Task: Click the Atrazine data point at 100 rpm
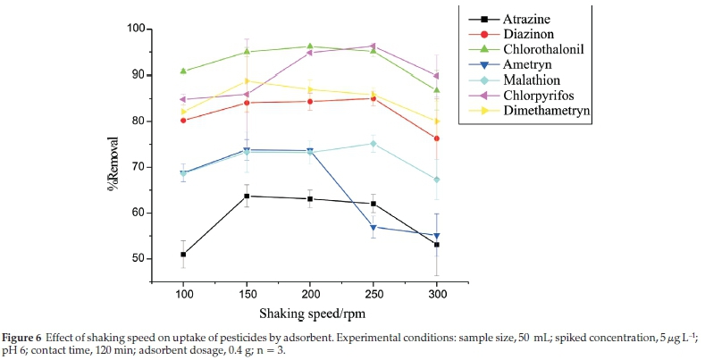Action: click(183, 255)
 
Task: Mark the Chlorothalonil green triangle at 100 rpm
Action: click(183, 71)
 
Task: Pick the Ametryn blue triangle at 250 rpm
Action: click(373, 227)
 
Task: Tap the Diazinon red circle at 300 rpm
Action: click(436, 138)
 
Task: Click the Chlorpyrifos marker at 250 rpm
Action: click(373, 46)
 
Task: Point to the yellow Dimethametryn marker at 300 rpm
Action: click(436, 121)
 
